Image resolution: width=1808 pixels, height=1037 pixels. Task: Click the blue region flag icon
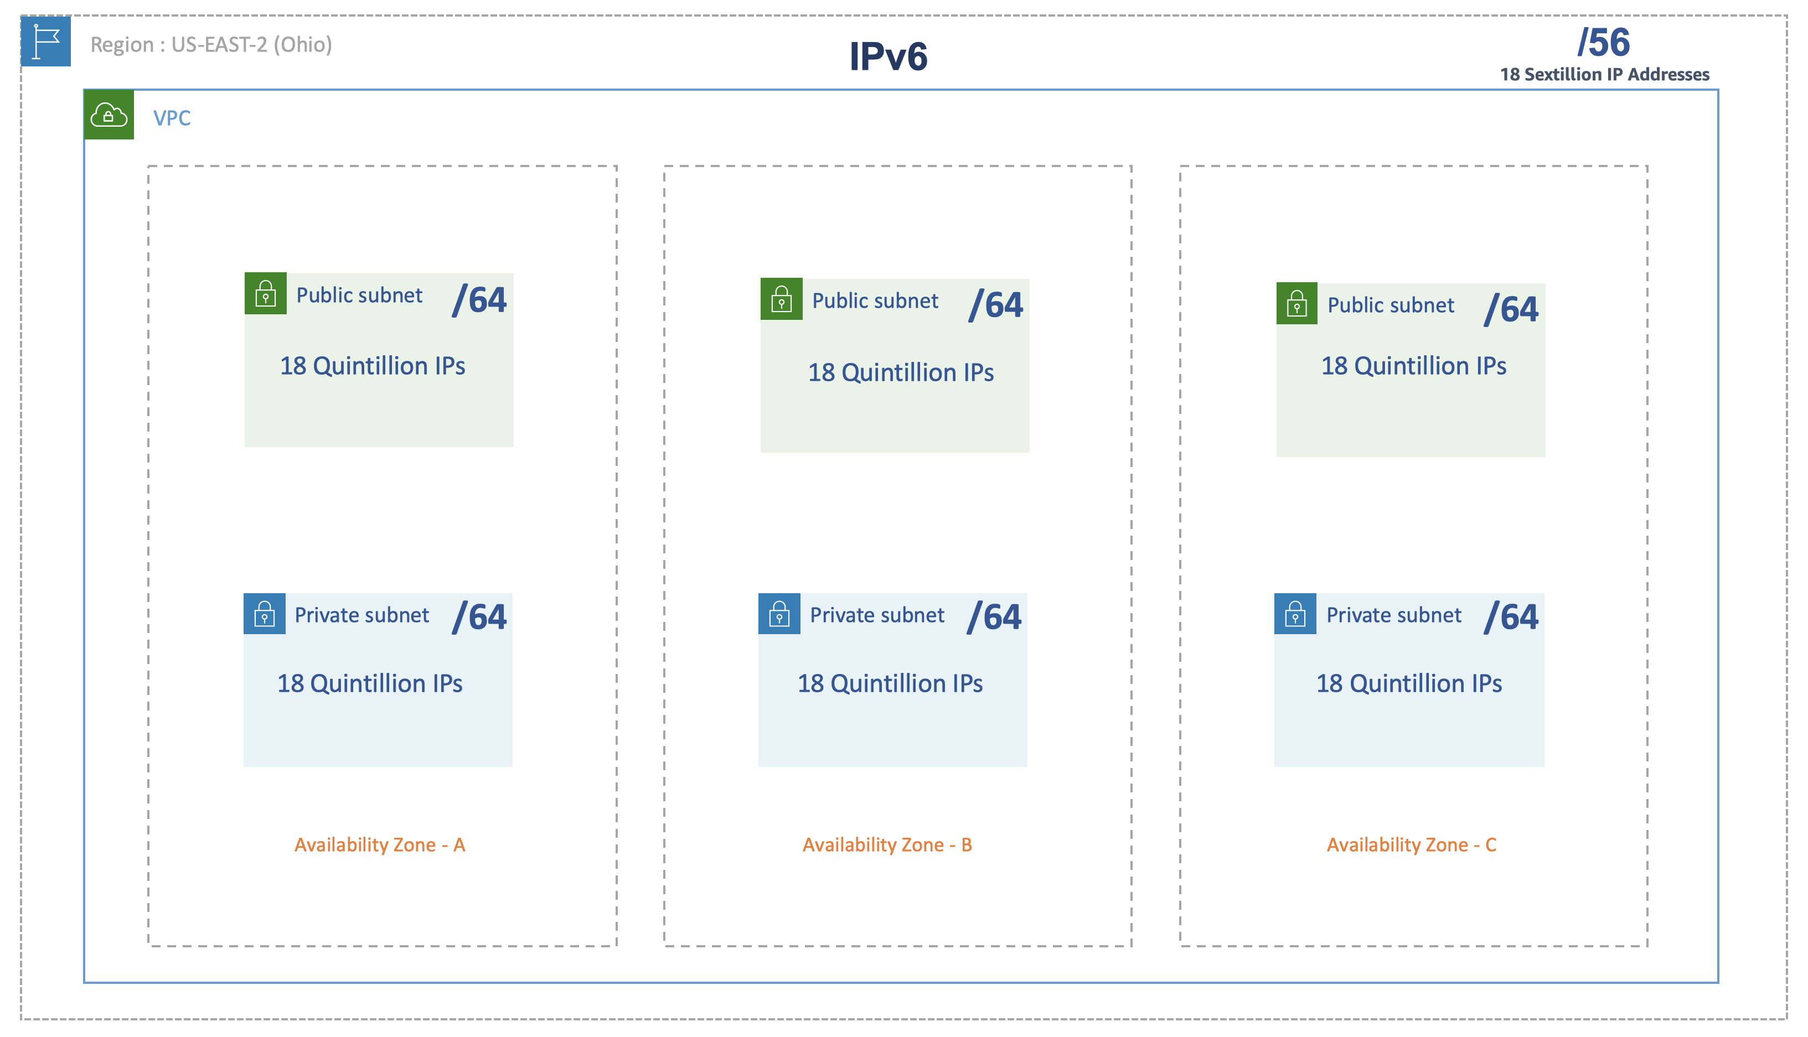45,42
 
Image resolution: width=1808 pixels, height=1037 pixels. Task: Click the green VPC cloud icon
109,115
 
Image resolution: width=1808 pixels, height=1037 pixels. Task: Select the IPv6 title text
887,56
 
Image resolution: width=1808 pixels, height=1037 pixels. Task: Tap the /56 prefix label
1603,42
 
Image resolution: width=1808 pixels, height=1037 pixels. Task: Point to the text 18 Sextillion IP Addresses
1604,75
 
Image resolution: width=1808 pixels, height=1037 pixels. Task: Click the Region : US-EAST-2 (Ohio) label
211,45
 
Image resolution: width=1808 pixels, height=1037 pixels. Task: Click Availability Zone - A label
380,844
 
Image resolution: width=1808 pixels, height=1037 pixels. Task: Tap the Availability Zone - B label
887,844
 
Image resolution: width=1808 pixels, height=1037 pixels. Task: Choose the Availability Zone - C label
1411,844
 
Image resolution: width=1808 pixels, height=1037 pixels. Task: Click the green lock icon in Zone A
266,293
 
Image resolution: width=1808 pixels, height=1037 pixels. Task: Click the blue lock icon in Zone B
779,614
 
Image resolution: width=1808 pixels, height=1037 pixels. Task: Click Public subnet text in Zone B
875,301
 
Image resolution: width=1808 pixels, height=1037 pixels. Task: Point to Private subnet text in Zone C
1393,615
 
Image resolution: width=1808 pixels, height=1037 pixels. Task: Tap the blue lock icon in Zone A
264,614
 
